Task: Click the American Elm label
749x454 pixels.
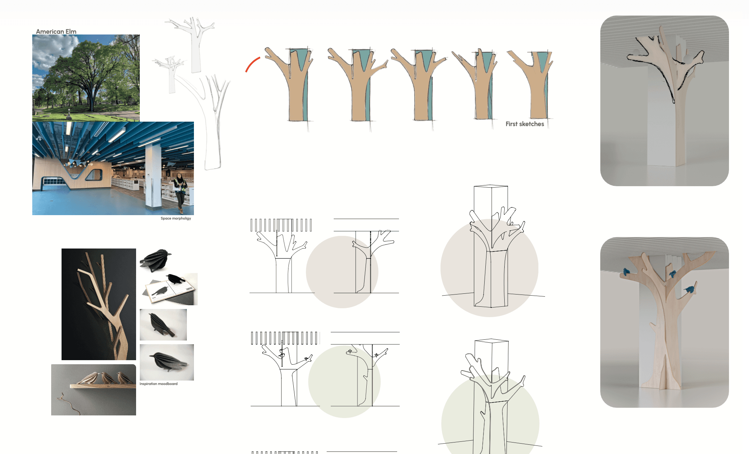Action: tap(56, 32)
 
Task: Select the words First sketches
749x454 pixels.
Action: tap(525, 124)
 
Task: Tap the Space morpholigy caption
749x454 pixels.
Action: tap(176, 218)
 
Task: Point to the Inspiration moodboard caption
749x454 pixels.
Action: tap(158, 384)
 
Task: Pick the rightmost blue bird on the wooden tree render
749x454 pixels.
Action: tap(690, 289)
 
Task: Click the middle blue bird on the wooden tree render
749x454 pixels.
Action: tap(672, 274)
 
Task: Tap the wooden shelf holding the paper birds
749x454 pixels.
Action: tap(103, 386)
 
